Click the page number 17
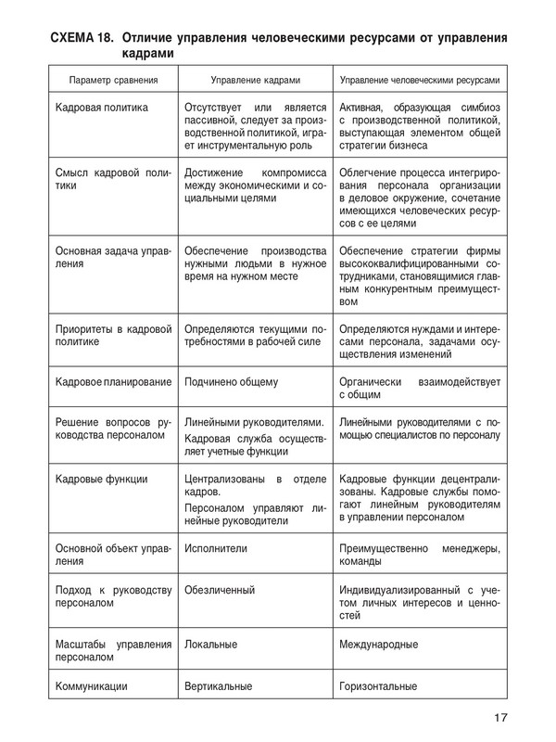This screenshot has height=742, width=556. coord(499,716)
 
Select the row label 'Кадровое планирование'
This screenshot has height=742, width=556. coord(112,381)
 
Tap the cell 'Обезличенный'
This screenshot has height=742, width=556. coord(220,590)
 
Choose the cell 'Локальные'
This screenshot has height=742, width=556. coord(211,644)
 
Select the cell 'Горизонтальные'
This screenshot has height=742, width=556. coord(379,686)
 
